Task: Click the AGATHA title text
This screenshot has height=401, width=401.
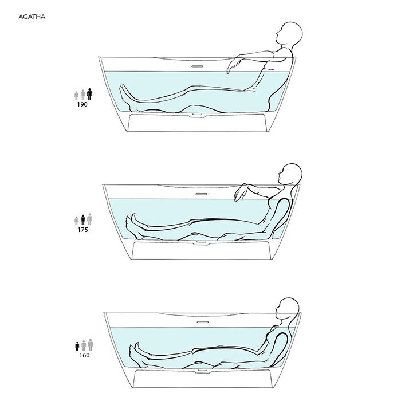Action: coord(32,17)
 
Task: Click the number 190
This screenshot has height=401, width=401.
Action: coord(82,104)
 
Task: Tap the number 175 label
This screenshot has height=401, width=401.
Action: coord(83,230)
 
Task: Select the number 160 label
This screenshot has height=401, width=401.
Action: coord(84,355)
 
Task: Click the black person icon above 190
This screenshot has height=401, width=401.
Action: coord(89,94)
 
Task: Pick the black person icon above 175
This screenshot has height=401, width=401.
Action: coord(83,220)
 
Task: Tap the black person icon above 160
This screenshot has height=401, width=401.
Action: coord(77,346)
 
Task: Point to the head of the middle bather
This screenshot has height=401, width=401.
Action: coord(290,174)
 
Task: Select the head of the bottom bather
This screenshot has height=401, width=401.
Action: coord(288,308)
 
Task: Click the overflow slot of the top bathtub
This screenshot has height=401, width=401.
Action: coord(198,66)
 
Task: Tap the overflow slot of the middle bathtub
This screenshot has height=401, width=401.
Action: coord(201,194)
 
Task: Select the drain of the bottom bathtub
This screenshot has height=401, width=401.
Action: coord(203,370)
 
